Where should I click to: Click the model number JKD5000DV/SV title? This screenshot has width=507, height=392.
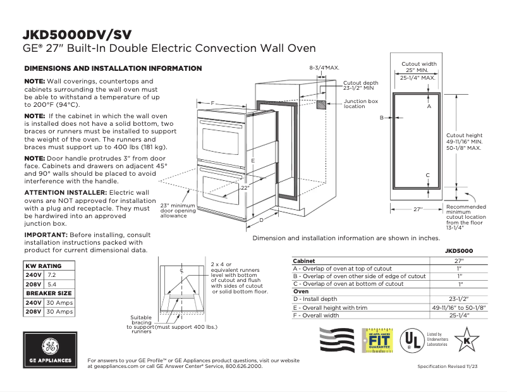(78, 34)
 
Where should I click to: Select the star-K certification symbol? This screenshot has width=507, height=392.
(467, 339)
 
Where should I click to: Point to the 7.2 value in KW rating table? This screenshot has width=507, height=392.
(52, 276)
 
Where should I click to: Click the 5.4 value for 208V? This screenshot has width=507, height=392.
(52, 285)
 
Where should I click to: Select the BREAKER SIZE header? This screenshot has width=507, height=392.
(47, 293)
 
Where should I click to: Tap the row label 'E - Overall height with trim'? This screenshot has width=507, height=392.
(333, 307)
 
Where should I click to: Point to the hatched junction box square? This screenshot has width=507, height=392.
(321, 104)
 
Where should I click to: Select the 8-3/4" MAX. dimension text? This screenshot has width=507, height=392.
(324, 66)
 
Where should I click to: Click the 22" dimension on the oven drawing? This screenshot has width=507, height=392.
(245, 188)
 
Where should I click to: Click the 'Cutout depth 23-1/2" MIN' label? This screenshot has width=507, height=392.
(361, 85)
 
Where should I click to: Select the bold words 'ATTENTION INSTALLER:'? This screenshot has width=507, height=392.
(65, 192)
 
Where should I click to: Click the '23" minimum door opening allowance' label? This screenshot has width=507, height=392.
(177, 211)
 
